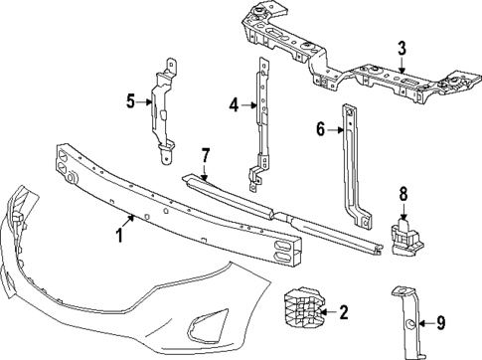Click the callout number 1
pyautogui.click(x=118, y=235)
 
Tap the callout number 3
pyautogui.click(x=402, y=49)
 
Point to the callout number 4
pyautogui.click(x=234, y=102)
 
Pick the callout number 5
pyautogui.click(x=129, y=99)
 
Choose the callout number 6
pyautogui.click(x=321, y=128)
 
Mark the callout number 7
pyautogui.click(x=205, y=154)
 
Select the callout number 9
pyautogui.click(x=441, y=321)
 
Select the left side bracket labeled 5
pyautogui.click(x=162, y=109)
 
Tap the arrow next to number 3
pyautogui.click(x=402, y=64)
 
